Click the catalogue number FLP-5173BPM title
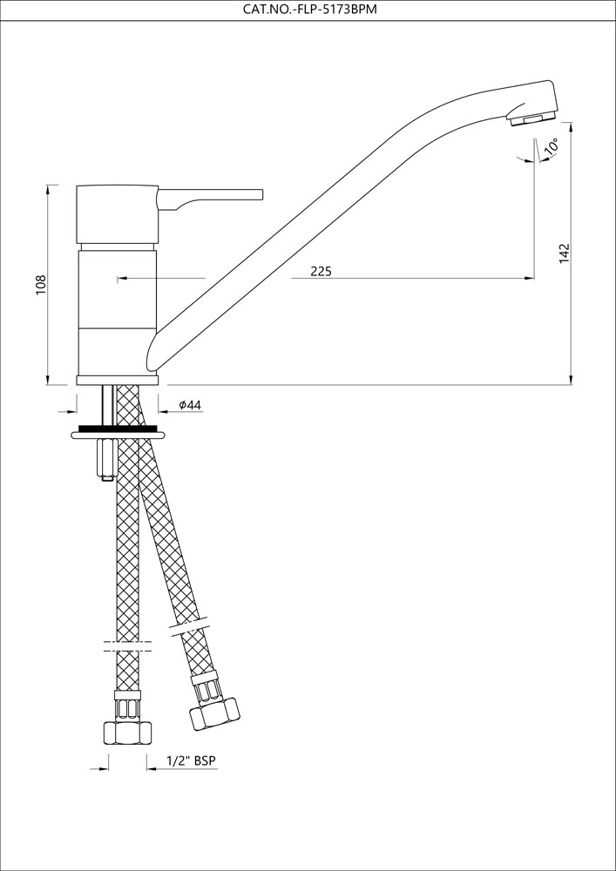coord(308,10)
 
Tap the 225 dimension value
coord(321,272)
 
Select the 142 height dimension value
coord(564,253)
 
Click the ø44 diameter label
coord(190,405)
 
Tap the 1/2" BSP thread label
coord(191,761)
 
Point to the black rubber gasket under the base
coord(118,429)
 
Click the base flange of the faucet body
coord(118,380)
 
